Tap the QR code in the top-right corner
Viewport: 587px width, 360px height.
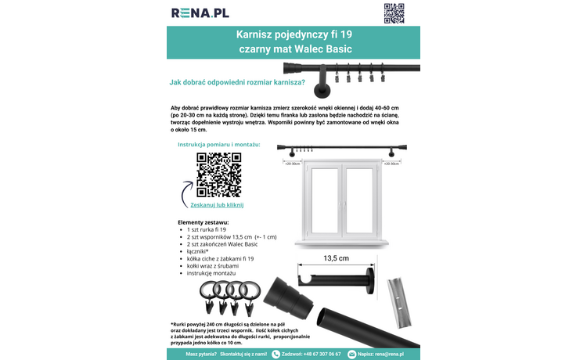click(394, 13)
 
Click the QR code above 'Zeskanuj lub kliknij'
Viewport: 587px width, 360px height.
click(218, 174)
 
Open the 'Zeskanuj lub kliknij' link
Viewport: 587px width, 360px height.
click(218, 204)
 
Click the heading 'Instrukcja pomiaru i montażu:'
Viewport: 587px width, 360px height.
click(218, 144)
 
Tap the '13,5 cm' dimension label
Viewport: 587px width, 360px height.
click(335, 257)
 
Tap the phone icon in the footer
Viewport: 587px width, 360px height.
click(275, 354)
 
